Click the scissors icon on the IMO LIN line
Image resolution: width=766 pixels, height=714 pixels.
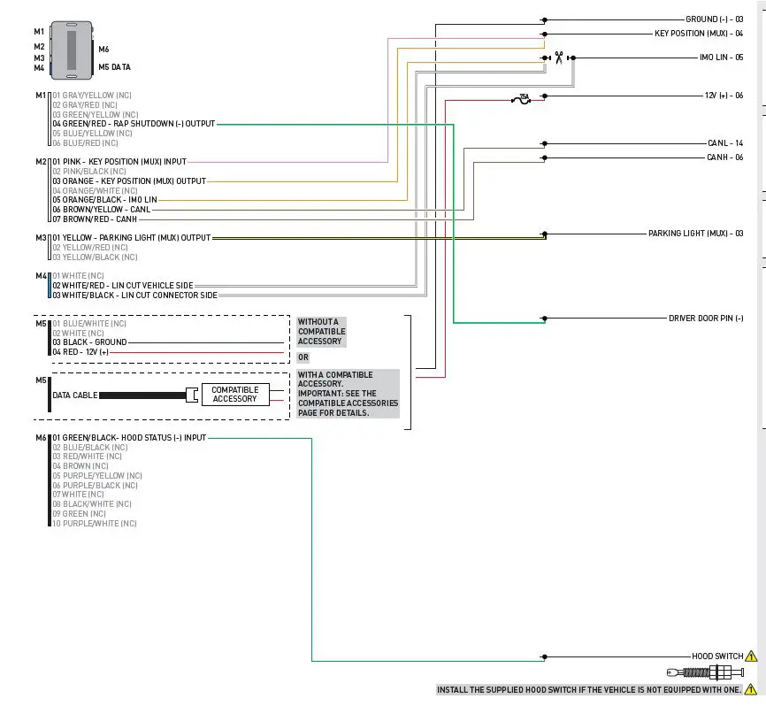559,58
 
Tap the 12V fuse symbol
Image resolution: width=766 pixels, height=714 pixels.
524,98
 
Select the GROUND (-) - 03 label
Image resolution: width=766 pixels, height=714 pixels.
714,19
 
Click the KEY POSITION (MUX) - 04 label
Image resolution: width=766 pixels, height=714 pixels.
699,34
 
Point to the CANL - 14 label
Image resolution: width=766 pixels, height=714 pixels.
724,142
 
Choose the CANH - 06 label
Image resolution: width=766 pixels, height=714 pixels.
724,157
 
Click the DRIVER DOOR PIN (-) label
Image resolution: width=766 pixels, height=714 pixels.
705,319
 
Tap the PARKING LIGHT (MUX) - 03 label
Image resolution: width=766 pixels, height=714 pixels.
695,234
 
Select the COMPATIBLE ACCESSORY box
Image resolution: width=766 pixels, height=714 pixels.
234,395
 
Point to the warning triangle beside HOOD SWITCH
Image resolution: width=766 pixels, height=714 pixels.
751,656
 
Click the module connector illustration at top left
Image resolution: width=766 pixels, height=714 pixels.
71,50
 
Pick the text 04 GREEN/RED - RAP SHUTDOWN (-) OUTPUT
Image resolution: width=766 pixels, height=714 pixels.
134,124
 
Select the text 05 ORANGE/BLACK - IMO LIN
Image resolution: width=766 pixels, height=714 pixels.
104,200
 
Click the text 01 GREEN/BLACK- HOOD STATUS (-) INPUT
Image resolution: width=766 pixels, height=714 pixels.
129,438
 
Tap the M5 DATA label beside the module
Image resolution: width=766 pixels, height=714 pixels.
115,66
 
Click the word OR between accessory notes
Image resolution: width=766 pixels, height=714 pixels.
303,357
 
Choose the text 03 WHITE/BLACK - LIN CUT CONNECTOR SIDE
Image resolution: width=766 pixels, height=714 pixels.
134,295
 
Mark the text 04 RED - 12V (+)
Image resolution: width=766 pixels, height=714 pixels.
80,352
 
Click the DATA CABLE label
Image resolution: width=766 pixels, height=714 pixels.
74,395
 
